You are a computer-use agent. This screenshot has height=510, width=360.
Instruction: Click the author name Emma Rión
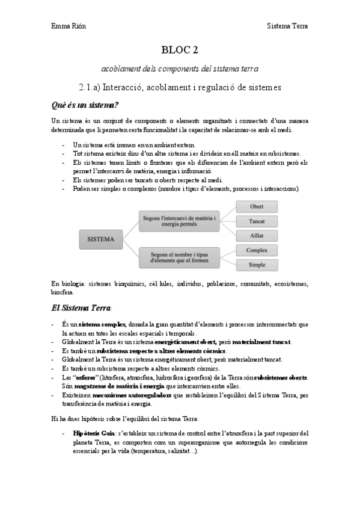[x=66, y=26]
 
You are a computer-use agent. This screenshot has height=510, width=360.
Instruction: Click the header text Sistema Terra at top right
[x=287, y=26]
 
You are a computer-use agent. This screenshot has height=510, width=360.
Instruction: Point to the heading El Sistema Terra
[x=81, y=309]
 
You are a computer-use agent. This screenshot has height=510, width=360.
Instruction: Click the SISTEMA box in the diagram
[x=101, y=239]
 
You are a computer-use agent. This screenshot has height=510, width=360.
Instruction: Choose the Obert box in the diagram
[x=257, y=207]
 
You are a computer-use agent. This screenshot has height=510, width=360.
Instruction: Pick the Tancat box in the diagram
[x=257, y=221]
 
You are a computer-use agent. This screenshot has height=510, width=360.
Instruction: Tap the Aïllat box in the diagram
[x=257, y=235]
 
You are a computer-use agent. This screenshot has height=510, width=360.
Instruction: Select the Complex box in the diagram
[x=257, y=250]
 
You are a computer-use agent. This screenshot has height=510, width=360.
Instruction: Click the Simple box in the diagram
[x=257, y=264]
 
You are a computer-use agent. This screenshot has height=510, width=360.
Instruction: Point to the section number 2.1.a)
[x=92, y=88]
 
